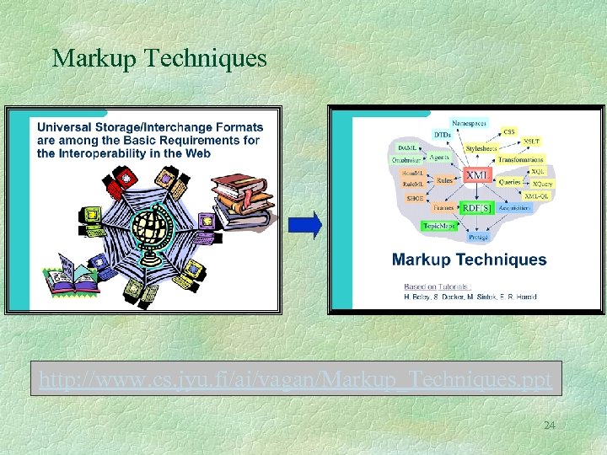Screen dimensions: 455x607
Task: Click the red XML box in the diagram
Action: (x=477, y=174)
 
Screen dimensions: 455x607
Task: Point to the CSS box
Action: (x=509, y=131)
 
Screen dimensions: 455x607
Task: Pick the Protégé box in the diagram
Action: (x=478, y=238)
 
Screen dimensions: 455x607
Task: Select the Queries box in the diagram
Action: (x=509, y=180)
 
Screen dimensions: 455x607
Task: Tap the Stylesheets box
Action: (x=482, y=148)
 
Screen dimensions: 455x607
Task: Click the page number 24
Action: (x=549, y=426)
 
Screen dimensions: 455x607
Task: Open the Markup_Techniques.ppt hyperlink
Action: (x=294, y=381)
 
